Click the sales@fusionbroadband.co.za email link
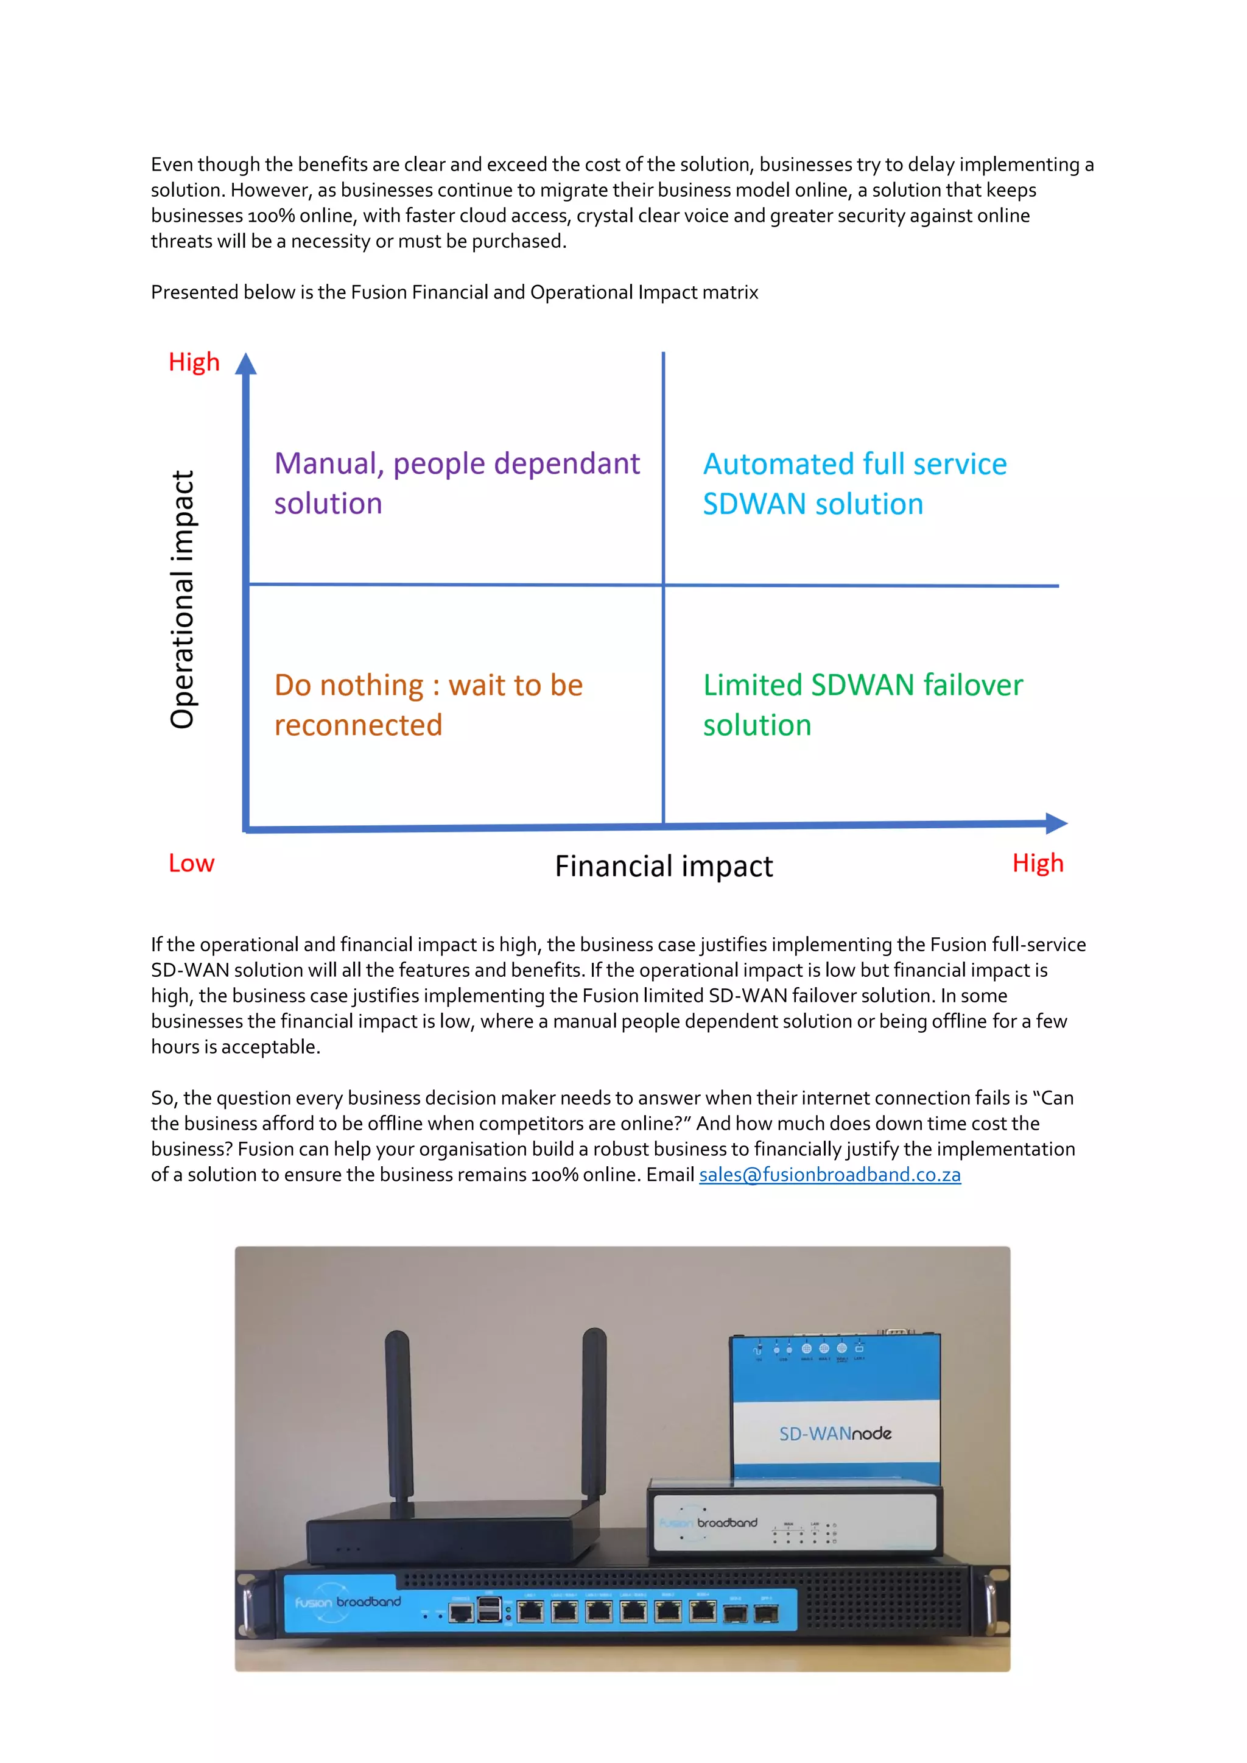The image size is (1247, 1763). pyautogui.click(x=829, y=1175)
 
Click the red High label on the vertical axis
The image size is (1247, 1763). pyautogui.click(x=194, y=362)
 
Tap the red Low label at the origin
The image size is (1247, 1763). pyautogui.click(x=191, y=863)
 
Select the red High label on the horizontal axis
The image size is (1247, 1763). pyautogui.click(x=1038, y=863)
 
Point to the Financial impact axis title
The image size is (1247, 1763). pyautogui.click(x=664, y=866)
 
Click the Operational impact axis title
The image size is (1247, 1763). pyautogui.click(x=183, y=599)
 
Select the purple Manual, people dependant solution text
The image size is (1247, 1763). pyautogui.click(x=456, y=483)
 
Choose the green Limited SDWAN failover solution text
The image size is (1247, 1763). pyautogui.click(x=862, y=704)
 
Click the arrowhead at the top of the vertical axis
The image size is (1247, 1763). pyautogui.click(x=246, y=364)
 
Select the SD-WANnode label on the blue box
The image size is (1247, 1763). pyautogui.click(x=835, y=1434)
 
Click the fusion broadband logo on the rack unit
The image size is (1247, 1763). pyautogui.click(x=348, y=1602)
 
